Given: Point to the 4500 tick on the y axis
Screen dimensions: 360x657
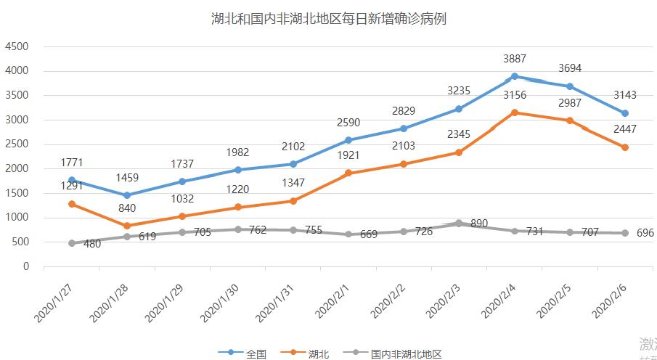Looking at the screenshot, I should click(x=17, y=46).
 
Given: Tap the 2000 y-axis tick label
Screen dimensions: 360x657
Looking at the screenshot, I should click(x=17, y=168).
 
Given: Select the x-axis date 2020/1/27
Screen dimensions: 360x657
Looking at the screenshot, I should click(x=54, y=303).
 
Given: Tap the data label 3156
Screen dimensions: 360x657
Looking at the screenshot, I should click(x=515, y=95).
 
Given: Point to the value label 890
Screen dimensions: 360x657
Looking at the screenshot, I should click(x=478, y=224).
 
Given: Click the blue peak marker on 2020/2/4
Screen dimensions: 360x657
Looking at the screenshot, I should click(x=515, y=76).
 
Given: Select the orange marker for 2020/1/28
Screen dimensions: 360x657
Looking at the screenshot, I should click(x=127, y=226).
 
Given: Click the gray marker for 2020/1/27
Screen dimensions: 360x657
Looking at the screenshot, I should click(x=72, y=243).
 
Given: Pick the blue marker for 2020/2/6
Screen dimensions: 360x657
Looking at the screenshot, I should click(x=625, y=113).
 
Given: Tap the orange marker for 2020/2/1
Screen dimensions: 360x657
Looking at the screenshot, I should click(x=348, y=173).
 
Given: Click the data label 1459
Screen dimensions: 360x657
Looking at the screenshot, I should click(x=127, y=178).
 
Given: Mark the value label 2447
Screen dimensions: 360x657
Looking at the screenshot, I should click(x=625, y=131).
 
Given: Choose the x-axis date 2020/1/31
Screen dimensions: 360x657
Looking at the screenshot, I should click(x=275, y=303).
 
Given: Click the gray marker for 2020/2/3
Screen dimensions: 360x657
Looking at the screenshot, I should click(x=459, y=224).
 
